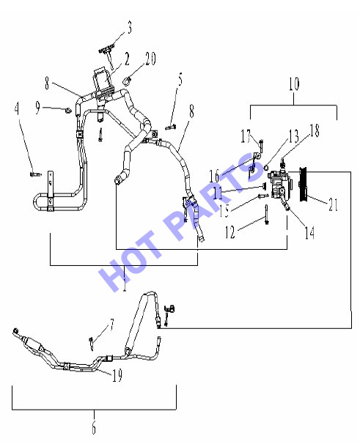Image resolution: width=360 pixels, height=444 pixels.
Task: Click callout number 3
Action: (129, 28)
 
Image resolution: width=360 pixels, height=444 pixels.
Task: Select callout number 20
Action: (150, 59)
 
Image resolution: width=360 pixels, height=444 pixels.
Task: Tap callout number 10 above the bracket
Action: (294, 84)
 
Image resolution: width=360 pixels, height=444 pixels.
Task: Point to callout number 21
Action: (334, 204)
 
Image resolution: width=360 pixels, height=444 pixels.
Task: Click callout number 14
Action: (309, 233)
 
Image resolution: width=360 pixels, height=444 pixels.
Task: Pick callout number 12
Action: (230, 232)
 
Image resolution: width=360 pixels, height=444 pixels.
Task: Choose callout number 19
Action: (117, 375)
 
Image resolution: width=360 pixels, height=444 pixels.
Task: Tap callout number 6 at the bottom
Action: (94, 427)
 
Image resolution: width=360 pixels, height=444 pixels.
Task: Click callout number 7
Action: (112, 325)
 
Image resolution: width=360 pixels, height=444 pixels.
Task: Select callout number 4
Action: (17, 108)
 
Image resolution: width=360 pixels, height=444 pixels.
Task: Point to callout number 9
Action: (37, 108)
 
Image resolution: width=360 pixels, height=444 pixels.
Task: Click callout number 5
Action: (180, 79)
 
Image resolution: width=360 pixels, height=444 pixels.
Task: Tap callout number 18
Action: (315, 130)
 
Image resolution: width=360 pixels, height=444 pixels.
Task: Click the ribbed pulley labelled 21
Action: (303, 185)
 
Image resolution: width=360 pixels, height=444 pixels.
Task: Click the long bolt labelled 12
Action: (266, 215)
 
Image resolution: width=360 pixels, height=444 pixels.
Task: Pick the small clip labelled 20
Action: (127, 81)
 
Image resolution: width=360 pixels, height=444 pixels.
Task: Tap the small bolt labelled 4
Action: (35, 174)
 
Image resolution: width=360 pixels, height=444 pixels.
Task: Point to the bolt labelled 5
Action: (170, 127)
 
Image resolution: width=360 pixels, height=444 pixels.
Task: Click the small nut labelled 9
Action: (67, 110)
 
